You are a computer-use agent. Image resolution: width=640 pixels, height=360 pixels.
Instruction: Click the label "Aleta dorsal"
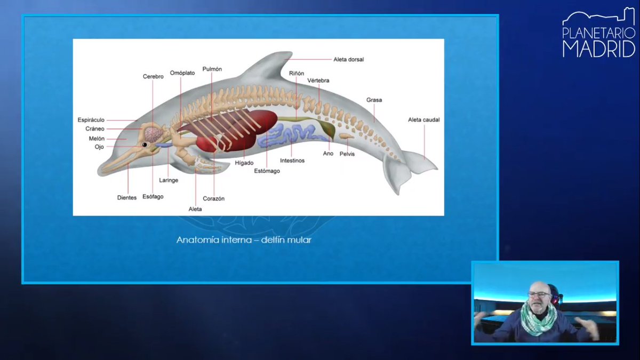[x=348, y=59]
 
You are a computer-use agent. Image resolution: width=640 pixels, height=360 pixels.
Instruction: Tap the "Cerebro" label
[x=153, y=77]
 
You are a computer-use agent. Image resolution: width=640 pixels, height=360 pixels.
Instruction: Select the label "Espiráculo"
[x=91, y=120]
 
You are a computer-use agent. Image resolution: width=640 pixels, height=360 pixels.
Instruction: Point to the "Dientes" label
[x=127, y=197]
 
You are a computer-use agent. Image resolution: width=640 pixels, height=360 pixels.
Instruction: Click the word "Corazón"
[x=213, y=198]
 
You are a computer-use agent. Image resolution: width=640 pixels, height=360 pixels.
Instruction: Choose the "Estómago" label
[x=267, y=171]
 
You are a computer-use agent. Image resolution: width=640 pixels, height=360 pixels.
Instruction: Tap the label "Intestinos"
[x=292, y=161]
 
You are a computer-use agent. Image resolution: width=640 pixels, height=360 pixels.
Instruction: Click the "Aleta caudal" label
[x=423, y=120]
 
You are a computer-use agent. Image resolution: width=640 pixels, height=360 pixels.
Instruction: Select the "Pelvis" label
[x=347, y=154]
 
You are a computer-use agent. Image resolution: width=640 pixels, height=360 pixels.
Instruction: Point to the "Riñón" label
[x=297, y=74]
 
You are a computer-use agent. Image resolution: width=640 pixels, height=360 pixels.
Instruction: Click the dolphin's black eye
[x=144, y=145]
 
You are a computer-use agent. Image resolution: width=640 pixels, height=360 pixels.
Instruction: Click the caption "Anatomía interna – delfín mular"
[x=244, y=240]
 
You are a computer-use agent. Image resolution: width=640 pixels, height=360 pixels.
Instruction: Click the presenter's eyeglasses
[x=539, y=294]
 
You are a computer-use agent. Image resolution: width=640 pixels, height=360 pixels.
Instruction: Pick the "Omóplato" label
[x=182, y=73]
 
